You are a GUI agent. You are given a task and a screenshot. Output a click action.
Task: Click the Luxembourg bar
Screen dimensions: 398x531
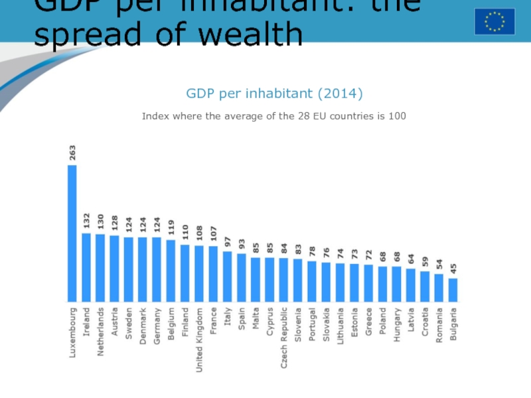[x=72, y=232]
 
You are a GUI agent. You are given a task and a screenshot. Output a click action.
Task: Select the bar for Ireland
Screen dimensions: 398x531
[x=86, y=266]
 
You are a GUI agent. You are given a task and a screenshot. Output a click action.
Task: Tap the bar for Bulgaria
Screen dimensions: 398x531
[x=453, y=289]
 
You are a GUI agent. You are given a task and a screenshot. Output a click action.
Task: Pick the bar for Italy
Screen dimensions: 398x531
[x=227, y=275]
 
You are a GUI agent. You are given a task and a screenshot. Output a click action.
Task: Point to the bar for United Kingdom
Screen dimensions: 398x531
[x=199, y=273]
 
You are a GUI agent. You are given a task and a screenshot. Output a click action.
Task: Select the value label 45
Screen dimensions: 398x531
[x=453, y=270]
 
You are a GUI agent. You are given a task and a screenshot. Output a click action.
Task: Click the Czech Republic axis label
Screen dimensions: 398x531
[x=284, y=328]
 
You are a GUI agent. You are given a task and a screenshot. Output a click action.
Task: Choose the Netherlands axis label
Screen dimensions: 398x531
[x=100, y=330]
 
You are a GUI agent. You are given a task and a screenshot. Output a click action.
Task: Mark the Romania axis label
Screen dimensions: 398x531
[x=439, y=324]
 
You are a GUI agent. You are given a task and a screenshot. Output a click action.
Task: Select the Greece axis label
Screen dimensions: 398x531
[x=368, y=321]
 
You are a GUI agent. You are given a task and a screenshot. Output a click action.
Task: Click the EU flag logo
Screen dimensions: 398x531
[x=494, y=21]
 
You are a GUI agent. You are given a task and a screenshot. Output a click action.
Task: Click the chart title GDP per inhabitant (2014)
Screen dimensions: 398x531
[x=274, y=94]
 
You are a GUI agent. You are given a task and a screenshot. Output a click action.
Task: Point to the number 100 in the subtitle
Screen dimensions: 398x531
[x=396, y=116]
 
